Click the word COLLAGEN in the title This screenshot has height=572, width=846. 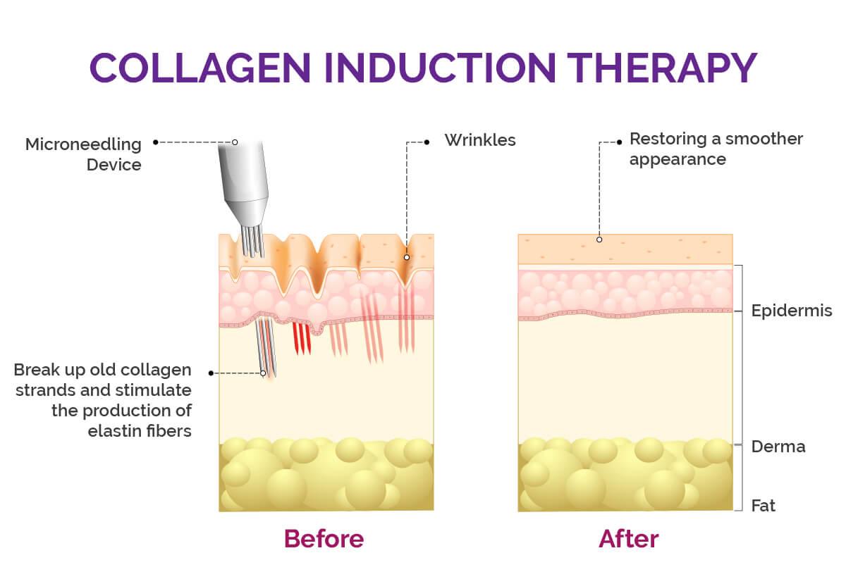coord(200,68)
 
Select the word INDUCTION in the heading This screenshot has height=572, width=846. coord(440,68)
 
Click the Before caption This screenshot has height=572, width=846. coord(324,539)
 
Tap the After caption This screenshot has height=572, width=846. coord(629,539)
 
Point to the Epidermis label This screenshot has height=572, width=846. coord(792,311)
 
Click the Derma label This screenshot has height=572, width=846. coord(778,447)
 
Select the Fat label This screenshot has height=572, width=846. coord(764,506)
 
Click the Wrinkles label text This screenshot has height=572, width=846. coord(480,140)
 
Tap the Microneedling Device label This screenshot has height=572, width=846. coord(83,154)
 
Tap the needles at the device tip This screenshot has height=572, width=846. coord(253,242)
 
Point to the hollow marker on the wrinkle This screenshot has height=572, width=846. coord(407,257)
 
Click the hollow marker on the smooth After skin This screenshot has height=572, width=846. coord(599,240)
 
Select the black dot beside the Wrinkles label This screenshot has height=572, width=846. coord(427,142)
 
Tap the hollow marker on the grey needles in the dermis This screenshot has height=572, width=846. coord(263,373)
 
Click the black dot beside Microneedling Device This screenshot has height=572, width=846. coord(155,142)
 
